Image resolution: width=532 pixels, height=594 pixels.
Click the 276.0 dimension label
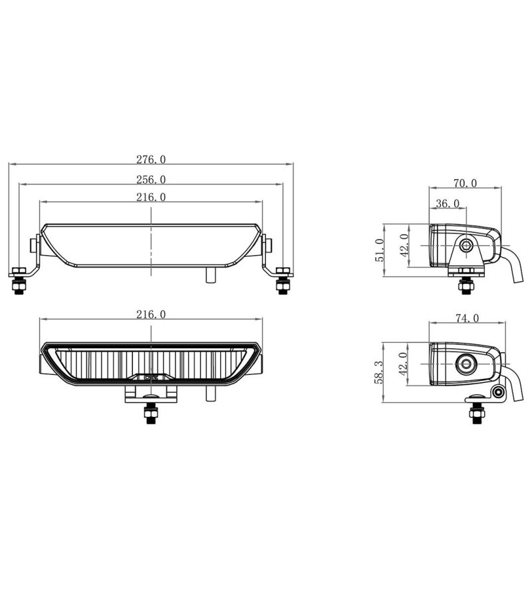click(x=151, y=159)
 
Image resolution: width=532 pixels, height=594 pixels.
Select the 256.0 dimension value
click(x=151, y=179)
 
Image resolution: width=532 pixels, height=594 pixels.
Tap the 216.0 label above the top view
click(x=151, y=197)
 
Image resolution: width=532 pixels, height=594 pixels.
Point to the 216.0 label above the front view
click(x=151, y=314)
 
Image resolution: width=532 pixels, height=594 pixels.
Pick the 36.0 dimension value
click(x=447, y=203)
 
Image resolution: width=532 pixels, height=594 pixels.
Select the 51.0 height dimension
click(x=380, y=250)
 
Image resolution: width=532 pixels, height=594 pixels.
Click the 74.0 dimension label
click(x=466, y=319)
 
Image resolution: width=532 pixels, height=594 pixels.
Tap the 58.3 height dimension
click(x=379, y=373)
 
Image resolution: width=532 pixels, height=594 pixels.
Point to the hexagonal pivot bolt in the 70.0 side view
click(x=466, y=245)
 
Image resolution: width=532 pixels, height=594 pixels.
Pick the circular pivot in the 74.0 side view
click(x=465, y=364)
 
